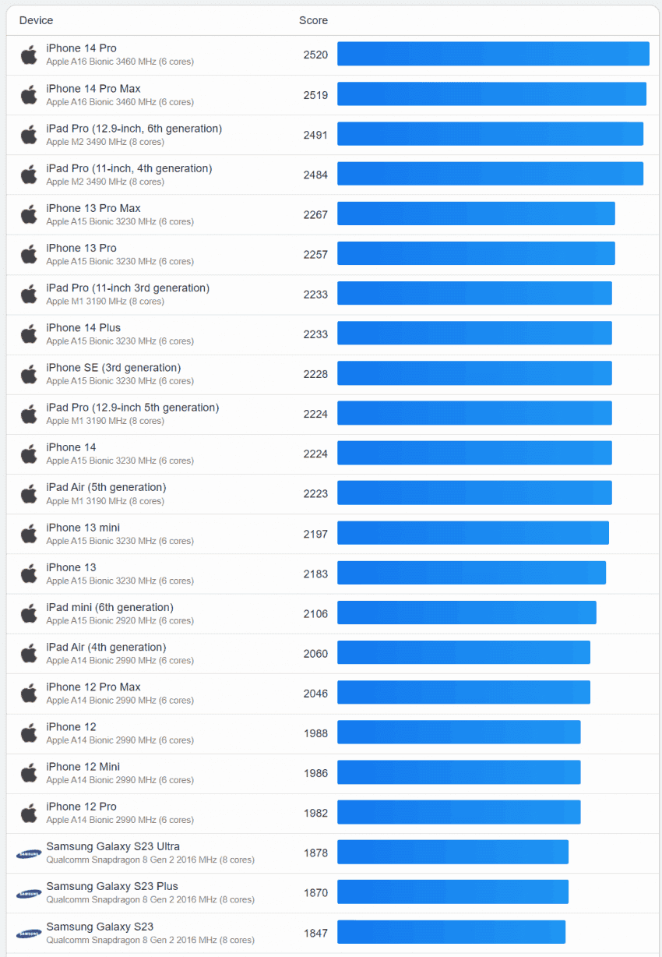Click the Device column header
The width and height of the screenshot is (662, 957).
pyautogui.click(x=36, y=20)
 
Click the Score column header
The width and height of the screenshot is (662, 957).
pyautogui.click(x=313, y=20)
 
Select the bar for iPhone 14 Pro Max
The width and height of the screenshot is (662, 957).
pyautogui.click(x=491, y=94)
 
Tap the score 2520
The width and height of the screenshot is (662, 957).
pyautogui.click(x=315, y=55)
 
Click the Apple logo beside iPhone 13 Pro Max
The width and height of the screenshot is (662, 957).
pyautogui.click(x=29, y=214)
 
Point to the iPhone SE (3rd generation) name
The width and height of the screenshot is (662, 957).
pyautogui.click(x=113, y=368)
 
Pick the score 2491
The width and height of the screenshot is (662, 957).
pyautogui.click(x=315, y=135)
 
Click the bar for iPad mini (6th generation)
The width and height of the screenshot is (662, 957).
pyautogui.click(x=467, y=613)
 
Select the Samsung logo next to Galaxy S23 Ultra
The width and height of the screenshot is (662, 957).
pyautogui.click(x=29, y=853)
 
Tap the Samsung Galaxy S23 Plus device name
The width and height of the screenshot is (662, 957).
pyautogui.click(x=111, y=886)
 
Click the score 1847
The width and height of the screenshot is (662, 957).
pyautogui.click(x=315, y=933)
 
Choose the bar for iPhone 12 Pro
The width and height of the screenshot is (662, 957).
pyautogui.click(x=459, y=812)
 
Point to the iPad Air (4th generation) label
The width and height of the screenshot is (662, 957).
pyautogui.click(x=106, y=647)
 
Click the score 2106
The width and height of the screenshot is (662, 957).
pyautogui.click(x=315, y=613)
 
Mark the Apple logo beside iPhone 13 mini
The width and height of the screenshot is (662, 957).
pyautogui.click(x=29, y=534)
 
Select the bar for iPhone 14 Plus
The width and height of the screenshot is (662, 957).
pyautogui.click(x=474, y=334)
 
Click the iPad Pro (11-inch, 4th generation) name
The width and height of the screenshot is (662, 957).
pyautogui.click(x=129, y=168)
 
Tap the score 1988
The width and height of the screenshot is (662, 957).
pyautogui.click(x=315, y=733)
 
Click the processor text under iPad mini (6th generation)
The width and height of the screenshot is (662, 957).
pyautogui.click(x=120, y=621)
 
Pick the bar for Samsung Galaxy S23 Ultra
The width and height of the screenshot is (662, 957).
pyautogui.click(x=452, y=852)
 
